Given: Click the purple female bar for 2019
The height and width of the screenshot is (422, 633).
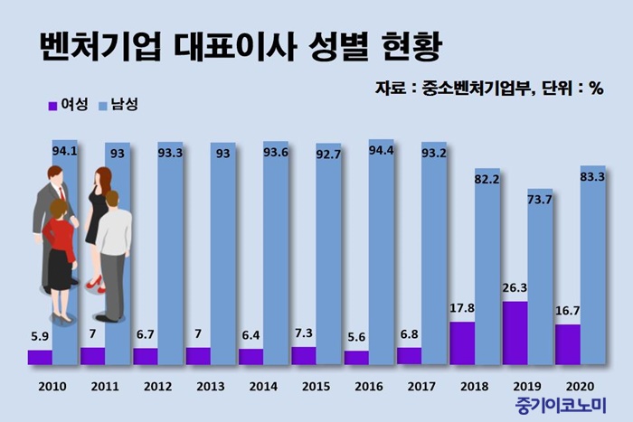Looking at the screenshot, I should tap(514, 333).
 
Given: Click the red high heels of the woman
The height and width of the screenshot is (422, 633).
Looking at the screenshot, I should tap(93, 285).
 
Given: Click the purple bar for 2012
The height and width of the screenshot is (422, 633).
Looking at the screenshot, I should tap(145, 356).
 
